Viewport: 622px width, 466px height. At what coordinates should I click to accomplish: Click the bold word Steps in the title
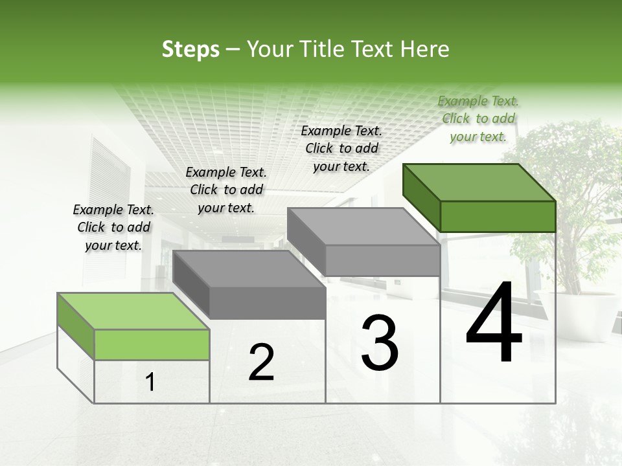(x=190, y=49)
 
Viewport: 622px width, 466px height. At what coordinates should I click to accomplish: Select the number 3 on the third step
(x=380, y=343)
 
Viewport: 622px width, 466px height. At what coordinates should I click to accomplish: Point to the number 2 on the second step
(x=261, y=362)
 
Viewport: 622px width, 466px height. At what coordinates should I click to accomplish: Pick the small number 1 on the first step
(x=150, y=383)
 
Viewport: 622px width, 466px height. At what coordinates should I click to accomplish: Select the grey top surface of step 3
(x=363, y=227)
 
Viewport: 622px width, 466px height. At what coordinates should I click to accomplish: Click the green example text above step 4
(x=478, y=118)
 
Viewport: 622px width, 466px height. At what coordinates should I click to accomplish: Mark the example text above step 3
(x=341, y=148)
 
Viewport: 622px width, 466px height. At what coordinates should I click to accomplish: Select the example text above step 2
(x=226, y=190)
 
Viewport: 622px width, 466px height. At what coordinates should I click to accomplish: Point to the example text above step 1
(x=113, y=227)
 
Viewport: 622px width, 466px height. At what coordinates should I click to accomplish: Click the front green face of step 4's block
(x=498, y=216)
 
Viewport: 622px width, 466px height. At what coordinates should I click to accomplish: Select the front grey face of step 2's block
(x=268, y=303)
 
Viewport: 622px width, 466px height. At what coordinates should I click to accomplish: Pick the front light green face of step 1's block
(x=152, y=344)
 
